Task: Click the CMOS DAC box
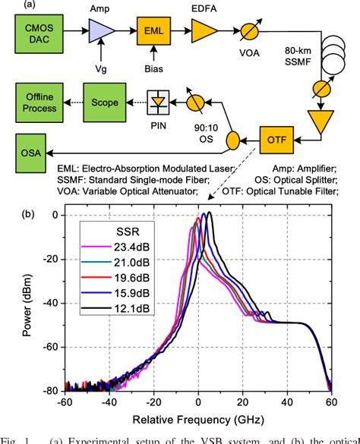coord(41,33)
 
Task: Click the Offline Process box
coord(41,101)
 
